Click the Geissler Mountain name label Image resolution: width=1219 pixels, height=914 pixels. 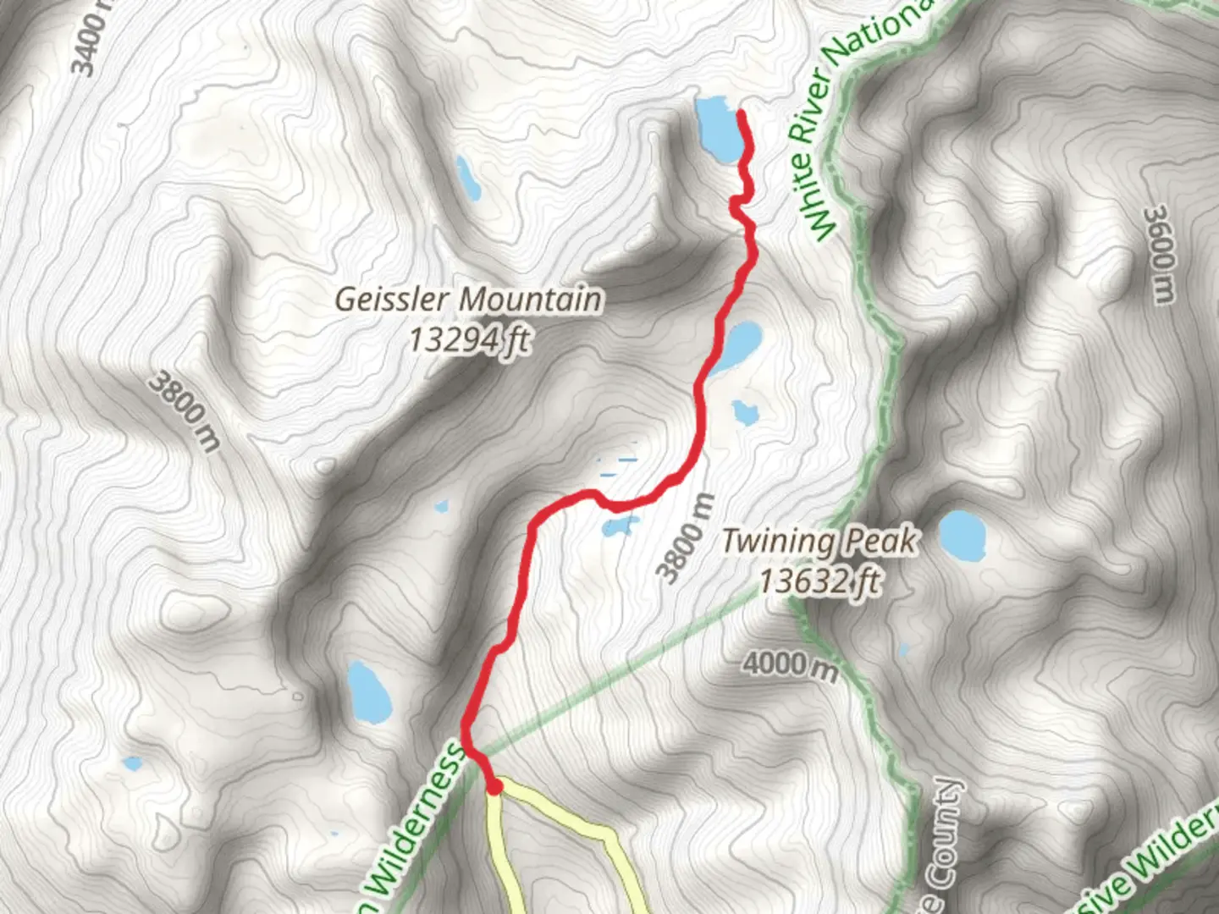(469, 299)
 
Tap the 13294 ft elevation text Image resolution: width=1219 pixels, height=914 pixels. (469, 339)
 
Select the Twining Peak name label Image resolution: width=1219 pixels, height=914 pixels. (819, 541)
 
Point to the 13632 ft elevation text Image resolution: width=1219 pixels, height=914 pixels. (819, 581)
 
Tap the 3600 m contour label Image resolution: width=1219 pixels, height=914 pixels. (1161, 253)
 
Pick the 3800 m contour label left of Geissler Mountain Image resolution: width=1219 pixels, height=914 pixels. (183, 411)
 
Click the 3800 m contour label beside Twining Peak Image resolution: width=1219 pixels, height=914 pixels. (687, 539)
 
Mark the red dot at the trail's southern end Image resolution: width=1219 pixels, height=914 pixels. (494, 788)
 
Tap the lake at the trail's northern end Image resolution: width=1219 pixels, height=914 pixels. (716, 128)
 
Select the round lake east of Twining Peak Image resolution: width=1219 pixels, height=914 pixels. (963, 536)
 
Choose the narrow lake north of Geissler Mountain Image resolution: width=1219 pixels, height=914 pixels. (466, 176)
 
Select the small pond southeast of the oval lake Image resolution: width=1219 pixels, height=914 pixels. (745, 412)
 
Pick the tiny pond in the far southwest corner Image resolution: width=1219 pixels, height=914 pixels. (131, 764)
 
